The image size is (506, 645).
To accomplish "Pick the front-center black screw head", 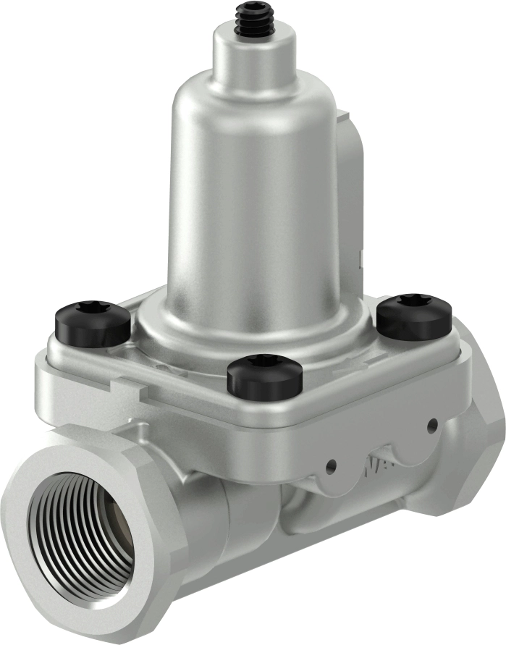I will click(264, 376).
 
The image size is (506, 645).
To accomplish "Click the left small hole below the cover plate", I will click(332, 464).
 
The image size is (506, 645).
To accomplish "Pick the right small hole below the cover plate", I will click(432, 425).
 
